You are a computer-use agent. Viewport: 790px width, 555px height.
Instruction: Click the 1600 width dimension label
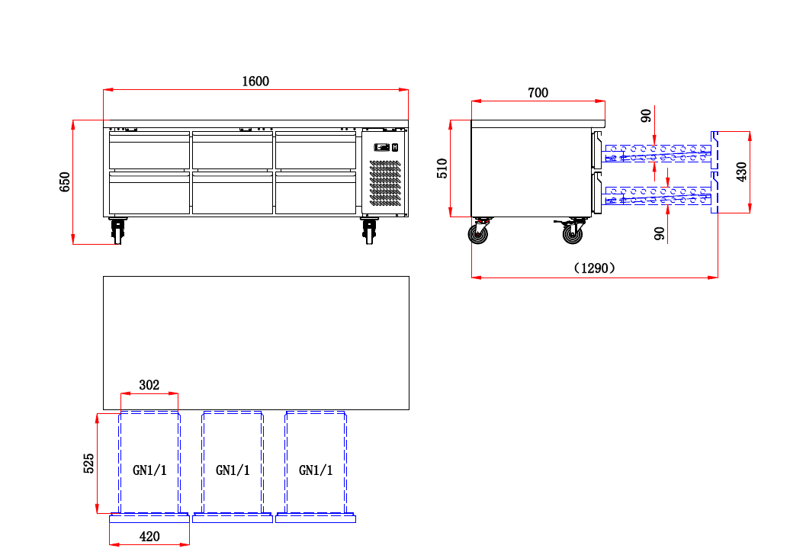tap(255, 82)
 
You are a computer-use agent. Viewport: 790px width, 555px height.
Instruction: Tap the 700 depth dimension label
tap(538, 93)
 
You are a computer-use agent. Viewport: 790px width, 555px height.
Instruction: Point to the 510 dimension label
tap(442, 168)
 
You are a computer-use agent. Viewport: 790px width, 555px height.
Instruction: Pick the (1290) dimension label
tap(594, 268)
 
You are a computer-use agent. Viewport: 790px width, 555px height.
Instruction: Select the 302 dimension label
tap(149, 385)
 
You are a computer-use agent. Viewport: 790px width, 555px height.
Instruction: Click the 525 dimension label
tap(88, 463)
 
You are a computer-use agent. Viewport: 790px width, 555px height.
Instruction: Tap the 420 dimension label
tap(149, 537)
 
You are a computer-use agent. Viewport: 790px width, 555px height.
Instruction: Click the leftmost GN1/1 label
tap(149, 470)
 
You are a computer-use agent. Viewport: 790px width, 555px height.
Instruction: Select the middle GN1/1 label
tap(233, 470)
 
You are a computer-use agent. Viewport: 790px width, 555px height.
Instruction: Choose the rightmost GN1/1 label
tap(316, 470)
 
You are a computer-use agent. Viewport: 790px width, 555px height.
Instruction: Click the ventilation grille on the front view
tap(385, 183)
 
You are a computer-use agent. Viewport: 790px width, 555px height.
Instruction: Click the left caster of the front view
tap(117, 230)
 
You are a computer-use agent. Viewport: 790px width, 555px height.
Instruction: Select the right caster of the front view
tap(371, 230)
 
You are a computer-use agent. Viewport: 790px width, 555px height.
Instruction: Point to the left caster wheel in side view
tap(480, 233)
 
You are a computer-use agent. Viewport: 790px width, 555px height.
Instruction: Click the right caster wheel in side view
tap(573, 233)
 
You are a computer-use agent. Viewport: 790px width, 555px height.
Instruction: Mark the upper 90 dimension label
tap(647, 116)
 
